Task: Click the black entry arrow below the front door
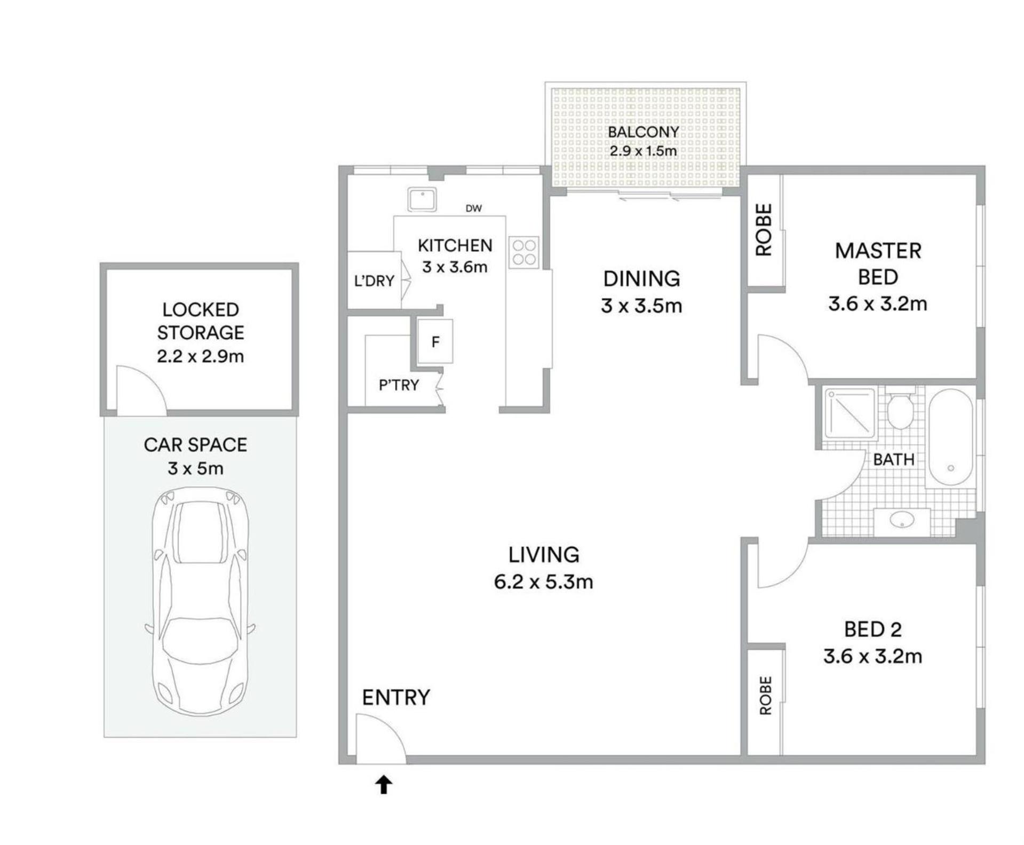tap(384, 785)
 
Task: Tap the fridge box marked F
tap(435, 341)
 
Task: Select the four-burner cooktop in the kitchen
tap(523, 252)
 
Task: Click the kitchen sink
tap(422, 199)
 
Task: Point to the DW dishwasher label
tap(473, 209)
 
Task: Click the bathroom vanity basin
tap(902, 520)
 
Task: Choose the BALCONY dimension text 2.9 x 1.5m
tap(643, 151)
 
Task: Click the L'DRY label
tap(374, 281)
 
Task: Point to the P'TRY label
tap(399, 385)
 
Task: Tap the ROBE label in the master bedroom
tap(764, 229)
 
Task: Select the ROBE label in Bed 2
tap(765, 695)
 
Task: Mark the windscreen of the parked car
tap(200, 533)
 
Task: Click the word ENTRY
tap(396, 697)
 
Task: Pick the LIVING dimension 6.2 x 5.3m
tap(543, 581)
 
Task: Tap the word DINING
tap(641, 278)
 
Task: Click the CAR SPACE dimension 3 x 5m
tap(195, 468)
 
